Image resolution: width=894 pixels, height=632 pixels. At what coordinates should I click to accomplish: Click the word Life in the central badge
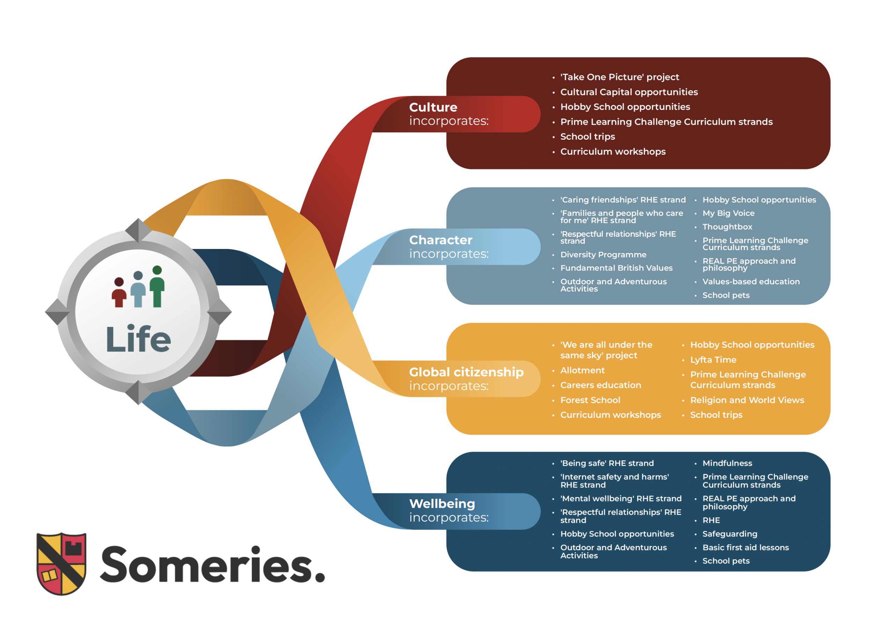tap(138, 339)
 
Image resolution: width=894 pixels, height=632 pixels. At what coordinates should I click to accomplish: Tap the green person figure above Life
tap(157, 287)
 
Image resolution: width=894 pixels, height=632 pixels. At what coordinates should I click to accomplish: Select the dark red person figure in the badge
tap(119, 293)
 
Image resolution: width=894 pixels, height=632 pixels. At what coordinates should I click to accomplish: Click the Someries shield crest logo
tap(61, 564)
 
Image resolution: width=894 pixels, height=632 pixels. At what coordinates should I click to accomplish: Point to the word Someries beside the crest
tap(212, 565)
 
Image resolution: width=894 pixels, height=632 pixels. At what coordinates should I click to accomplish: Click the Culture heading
tap(433, 107)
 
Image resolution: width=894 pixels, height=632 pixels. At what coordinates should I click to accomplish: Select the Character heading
tap(440, 240)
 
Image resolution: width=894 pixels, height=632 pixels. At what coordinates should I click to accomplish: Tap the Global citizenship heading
tap(466, 372)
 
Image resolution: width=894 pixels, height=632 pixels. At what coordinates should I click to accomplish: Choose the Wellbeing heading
tap(442, 504)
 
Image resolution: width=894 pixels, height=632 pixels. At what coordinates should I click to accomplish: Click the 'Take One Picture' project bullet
tap(619, 77)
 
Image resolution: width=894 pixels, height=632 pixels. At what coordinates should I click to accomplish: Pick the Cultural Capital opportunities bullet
tap(629, 92)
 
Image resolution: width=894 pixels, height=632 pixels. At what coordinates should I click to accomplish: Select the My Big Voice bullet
tap(728, 213)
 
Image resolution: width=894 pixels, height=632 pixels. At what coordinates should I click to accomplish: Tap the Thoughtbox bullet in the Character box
tap(727, 227)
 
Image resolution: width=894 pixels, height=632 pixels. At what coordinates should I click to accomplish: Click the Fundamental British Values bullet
tap(616, 268)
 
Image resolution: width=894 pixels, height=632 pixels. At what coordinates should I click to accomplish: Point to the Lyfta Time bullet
tap(713, 360)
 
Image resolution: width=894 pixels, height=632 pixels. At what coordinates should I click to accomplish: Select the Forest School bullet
tap(590, 400)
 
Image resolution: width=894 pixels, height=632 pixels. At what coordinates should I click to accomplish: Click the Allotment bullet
tap(582, 370)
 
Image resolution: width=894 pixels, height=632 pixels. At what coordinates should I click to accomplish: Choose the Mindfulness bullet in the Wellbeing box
tap(727, 463)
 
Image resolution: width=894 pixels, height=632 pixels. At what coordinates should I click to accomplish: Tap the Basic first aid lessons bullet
tap(745, 548)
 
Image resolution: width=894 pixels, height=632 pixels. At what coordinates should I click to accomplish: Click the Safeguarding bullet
tap(730, 534)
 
